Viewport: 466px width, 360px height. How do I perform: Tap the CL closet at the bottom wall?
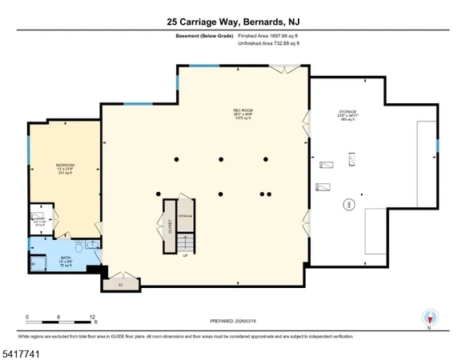point(121,284)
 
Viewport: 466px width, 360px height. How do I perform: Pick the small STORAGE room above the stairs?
point(186,216)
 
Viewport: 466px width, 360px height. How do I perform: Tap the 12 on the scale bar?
point(94,317)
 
